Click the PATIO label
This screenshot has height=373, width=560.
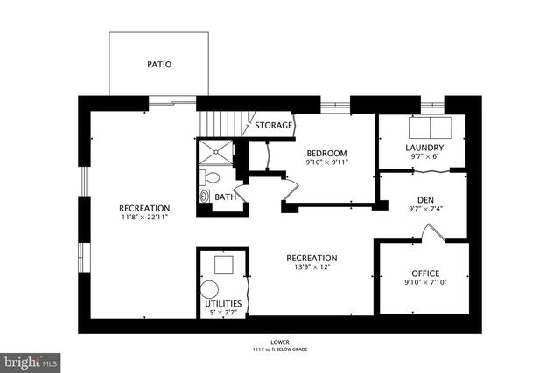(159, 65)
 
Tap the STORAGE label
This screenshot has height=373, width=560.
(273, 126)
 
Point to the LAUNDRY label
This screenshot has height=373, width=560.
(424, 148)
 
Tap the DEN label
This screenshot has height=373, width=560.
(425, 200)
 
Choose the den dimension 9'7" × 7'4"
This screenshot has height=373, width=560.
(425, 210)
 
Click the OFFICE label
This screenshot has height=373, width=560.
(425, 273)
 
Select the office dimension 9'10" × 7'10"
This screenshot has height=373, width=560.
(425, 283)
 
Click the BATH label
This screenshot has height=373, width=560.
(225, 197)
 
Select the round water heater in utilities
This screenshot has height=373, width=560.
(212, 289)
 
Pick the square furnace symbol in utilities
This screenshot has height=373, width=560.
(224, 263)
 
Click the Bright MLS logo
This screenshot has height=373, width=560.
(31, 361)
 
